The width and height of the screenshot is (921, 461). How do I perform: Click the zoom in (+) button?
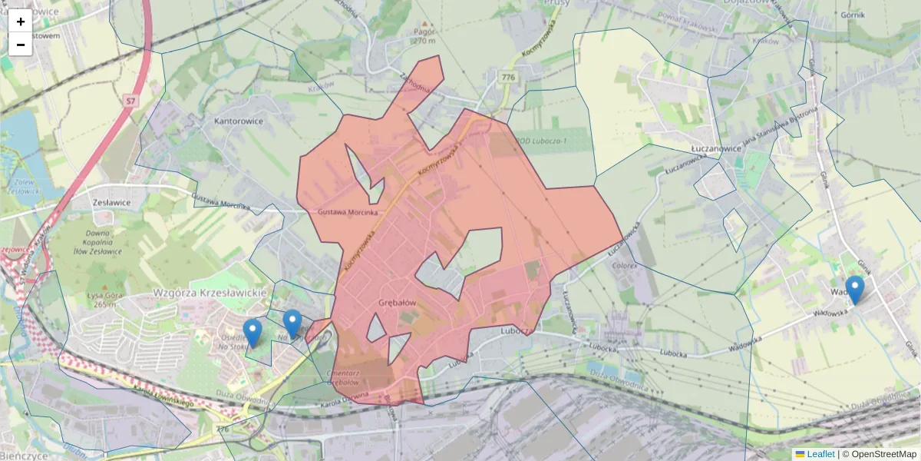pyautogui.click(x=21, y=22)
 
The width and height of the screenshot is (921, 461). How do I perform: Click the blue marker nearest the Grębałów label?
pyautogui.click(x=292, y=323)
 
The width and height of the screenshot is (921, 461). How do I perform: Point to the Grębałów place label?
pyautogui.click(x=397, y=303)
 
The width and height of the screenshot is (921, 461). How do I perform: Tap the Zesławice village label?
pyautogui.click(x=110, y=202)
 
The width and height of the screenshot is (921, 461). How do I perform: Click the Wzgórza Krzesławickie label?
pyautogui.click(x=210, y=293)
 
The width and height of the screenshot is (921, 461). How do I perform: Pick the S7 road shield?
pyautogui.click(x=131, y=100)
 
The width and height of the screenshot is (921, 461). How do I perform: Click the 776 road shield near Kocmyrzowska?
pyautogui.click(x=507, y=78)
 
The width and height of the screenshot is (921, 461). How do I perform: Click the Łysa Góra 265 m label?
pyautogui.click(x=101, y=299)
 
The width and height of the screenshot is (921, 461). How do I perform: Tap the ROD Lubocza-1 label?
pyautogui.click(x=543, y=141)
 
